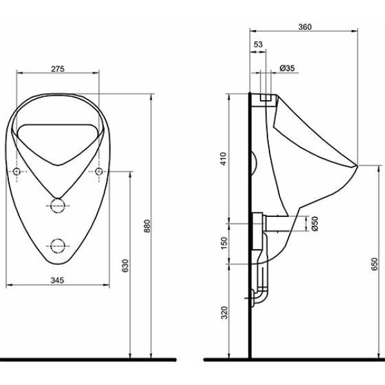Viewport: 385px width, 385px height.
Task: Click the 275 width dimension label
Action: click(58, 69)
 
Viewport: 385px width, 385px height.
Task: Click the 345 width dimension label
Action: click(57, 280)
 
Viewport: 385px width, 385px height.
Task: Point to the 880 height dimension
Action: click(147, 226)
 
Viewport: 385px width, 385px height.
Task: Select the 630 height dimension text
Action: click(125, 266)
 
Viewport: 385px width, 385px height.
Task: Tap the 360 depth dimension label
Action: click(305, 27)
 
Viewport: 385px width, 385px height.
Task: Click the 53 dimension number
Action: click(258, 44)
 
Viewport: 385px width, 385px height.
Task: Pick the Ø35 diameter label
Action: click(287, 68)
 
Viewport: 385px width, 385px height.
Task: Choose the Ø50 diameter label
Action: click(314, 223)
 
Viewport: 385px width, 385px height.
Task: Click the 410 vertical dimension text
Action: click(223, 158)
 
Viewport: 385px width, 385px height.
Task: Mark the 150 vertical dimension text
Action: click(225, 243)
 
